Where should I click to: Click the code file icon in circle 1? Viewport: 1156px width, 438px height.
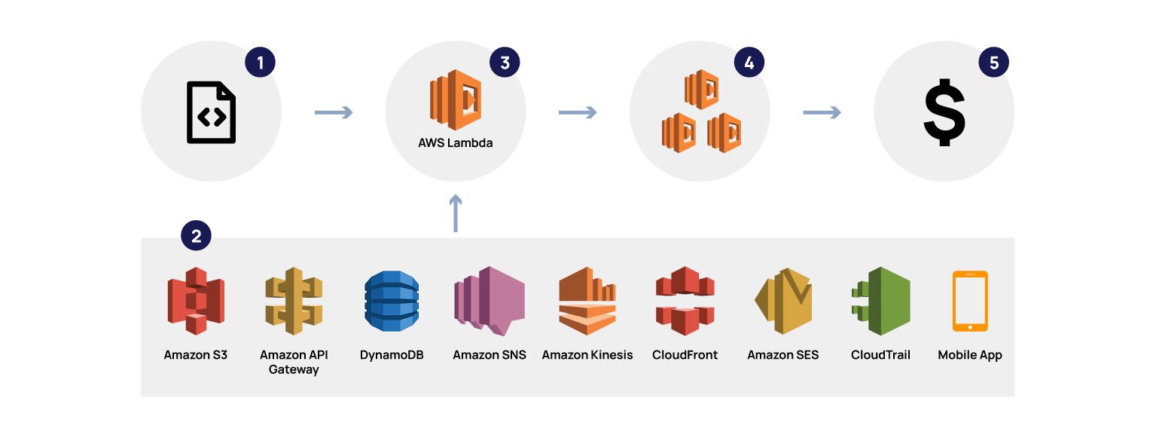point(212,112)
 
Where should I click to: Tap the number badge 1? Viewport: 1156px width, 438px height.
point(261,63)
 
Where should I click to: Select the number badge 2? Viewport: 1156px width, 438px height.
point(197,236)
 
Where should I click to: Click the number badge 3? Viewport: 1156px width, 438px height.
point(505,63)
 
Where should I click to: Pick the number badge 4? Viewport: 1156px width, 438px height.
point(749,63)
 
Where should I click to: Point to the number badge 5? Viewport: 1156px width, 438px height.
point(993,63)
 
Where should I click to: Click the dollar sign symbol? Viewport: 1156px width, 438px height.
point(944,113)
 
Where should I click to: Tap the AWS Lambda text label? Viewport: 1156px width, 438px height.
point(456,142)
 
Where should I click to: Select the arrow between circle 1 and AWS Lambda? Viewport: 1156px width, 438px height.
point(334,113)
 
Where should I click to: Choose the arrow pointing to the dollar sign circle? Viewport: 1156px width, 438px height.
point(822,113)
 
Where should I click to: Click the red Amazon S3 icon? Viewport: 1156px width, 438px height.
point(196,301)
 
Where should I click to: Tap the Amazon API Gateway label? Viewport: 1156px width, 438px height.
point(294,362)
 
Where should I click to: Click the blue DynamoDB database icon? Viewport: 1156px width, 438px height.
point(392,301)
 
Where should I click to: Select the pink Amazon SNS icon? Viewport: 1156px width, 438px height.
point(490,301)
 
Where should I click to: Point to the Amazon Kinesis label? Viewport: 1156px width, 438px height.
point(587,355)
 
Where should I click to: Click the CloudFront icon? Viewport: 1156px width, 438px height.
point(685,301)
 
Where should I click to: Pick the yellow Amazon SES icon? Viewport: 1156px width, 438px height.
point(783,301)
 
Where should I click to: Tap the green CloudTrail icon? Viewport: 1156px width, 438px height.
point(881,301)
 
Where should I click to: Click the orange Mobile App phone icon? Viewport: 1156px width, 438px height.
point(970,301)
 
